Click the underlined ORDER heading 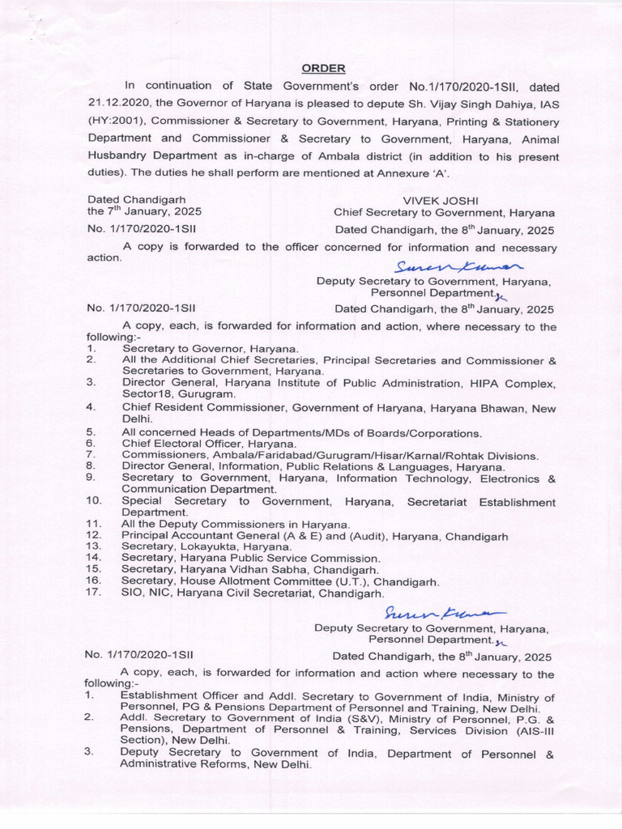tap(324, 68)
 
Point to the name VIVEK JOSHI tap(441, 200)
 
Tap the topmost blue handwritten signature tap(458, 266)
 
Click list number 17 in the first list tap(92, 593)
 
